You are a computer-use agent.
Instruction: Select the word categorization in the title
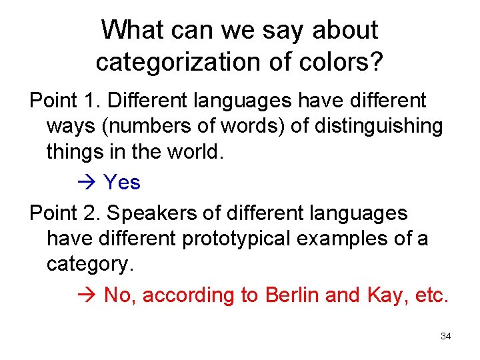(x=177, y=62)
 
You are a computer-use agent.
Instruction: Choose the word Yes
(x=122, y=182)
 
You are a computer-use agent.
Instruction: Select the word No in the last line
(x=119, y=295)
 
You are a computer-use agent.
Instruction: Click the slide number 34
(x=445, y=336)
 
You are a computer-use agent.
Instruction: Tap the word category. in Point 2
(x=90, y=265)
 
